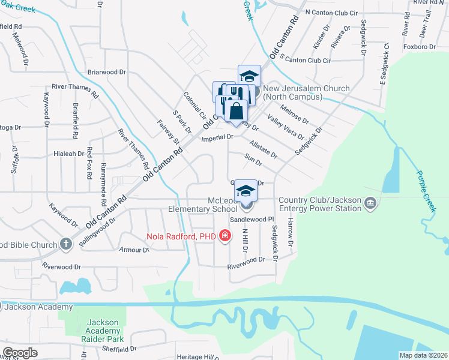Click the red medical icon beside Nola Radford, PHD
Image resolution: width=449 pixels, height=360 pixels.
point(225,236)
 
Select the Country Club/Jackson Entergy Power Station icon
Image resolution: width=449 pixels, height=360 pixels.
point(370,205)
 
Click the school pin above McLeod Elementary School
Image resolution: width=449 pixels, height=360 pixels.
point(245,191)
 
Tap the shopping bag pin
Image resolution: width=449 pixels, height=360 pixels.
point(238,112)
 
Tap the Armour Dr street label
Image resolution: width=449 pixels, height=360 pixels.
point(134,250)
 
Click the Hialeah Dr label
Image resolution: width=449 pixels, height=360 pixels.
point(68,154)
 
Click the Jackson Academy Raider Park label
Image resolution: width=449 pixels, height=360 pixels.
point(102,331)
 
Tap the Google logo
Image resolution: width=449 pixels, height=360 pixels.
point(20,353)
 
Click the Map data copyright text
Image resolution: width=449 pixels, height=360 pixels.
point(423,355)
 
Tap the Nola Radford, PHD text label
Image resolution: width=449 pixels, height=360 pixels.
point(181,236)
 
